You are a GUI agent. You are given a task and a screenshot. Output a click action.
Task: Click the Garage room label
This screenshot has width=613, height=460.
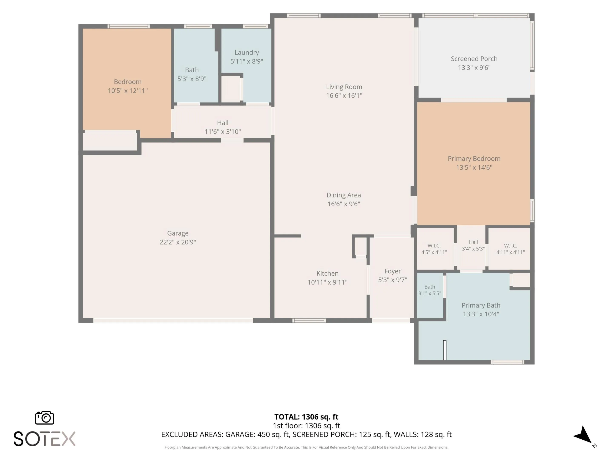click(x=178, y=233)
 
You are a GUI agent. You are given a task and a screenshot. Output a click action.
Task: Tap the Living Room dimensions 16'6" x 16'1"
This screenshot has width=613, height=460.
click(x=344, y=96)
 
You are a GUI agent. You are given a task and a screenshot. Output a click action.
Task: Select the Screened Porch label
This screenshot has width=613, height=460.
click(x=474, y=59)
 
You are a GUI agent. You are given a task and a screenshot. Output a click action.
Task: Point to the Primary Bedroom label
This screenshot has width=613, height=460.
click(x=474, y=159)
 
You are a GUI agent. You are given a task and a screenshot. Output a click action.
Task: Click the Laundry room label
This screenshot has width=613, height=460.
click(x=247, y=53)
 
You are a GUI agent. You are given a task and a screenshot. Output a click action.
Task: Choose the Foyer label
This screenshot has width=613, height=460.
click(x=392, y=271)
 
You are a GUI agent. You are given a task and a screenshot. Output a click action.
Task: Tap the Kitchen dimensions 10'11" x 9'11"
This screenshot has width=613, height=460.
click(x=327, y=282)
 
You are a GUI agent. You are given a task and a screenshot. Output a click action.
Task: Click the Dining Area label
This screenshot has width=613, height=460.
click(x=344, y=195)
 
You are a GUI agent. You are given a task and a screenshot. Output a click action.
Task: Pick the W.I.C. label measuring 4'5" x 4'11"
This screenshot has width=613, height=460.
click(x=434, y=249)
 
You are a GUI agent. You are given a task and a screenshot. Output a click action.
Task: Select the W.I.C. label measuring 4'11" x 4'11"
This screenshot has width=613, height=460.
click(x=510, y=249)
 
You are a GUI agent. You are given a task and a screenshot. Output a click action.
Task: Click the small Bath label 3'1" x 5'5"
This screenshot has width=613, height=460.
click(x=430, y=290)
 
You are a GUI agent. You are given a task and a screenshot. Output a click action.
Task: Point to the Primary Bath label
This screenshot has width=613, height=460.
click(x=481, y=305)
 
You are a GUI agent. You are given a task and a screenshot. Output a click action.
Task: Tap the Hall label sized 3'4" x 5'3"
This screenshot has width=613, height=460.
click(x=473, y=245)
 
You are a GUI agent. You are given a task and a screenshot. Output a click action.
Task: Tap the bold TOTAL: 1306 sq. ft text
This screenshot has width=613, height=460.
click(x=306, y=417)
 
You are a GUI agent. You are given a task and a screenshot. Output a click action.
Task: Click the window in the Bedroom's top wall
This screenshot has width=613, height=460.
click(x=129, y=26)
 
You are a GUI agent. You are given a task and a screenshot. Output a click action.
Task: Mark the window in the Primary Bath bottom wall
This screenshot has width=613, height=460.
click(x=507, y=362)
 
